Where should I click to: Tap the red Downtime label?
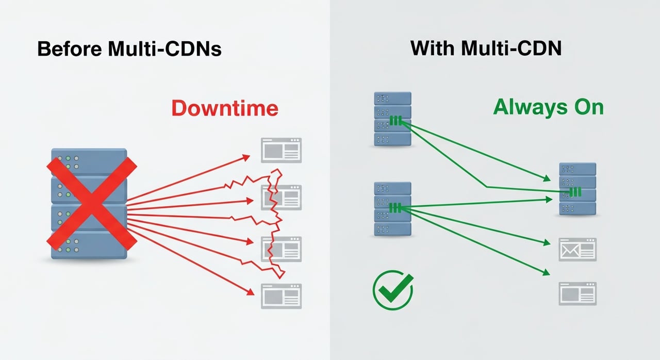[225, 108]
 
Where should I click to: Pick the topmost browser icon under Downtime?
[281, 150]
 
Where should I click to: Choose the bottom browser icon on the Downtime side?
[281, 296]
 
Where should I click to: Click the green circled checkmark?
[393, 291]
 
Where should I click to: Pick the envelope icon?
[577, 250]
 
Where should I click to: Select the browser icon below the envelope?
[577, 294]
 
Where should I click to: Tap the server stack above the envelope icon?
[577, 189]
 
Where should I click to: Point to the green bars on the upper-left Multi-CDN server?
[395, 121]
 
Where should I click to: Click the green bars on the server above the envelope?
[575, 192]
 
